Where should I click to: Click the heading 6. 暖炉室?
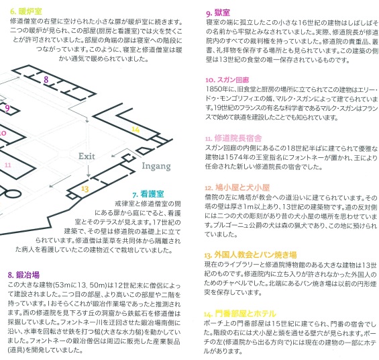coord(26,11)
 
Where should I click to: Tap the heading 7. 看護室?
coord(148,194)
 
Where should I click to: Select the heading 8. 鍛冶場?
coord(23,275)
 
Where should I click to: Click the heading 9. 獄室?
coord(218,13)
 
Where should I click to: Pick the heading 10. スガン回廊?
coord(227,80)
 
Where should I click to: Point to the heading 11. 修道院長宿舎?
coord(233,138)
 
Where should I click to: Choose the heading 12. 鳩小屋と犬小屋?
coord(237,187)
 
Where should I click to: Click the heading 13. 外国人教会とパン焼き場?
coord(250,255)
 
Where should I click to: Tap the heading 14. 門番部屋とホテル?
coord(239,314)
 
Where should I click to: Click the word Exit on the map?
coord(87,156)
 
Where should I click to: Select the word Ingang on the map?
coord(156,166)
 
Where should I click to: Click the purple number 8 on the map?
coord(46,79)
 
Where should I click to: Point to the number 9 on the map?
coord(7,108)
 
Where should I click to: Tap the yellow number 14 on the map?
coord(136,130)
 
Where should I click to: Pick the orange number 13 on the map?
coord(85,189)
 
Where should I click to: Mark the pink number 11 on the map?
coord(8,165)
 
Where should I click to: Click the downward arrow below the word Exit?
coord(89,171)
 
